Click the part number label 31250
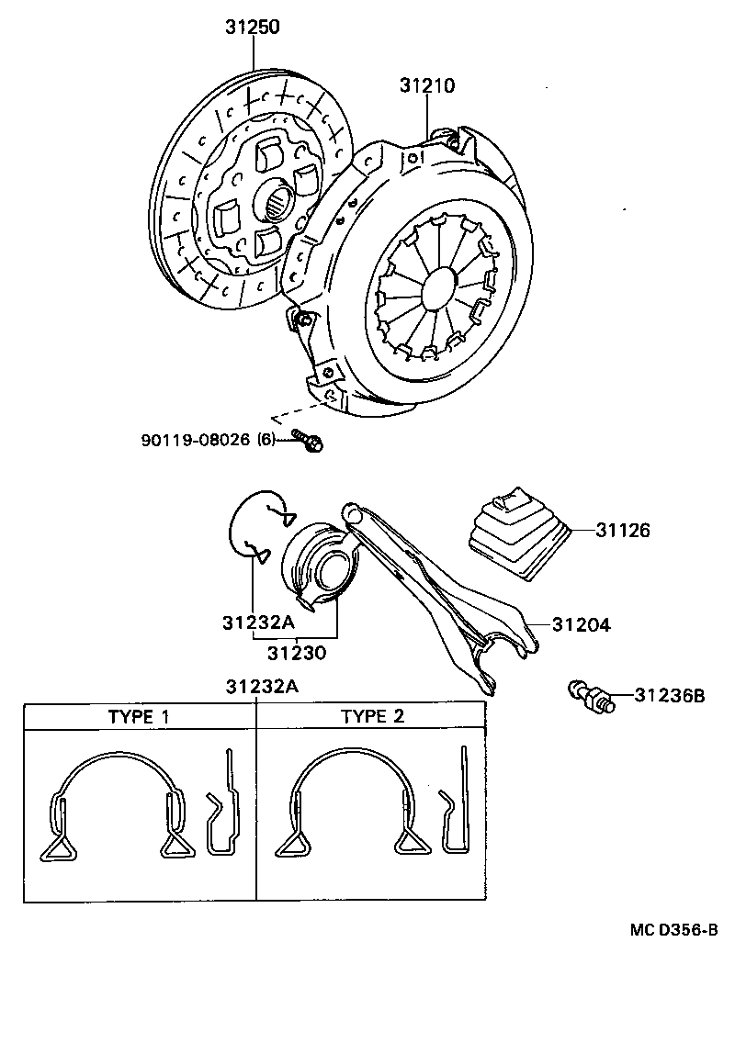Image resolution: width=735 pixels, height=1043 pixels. pyautogui.click(x=253, y=28)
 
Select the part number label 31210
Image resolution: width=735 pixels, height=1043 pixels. pyautogui.click(x=427, y=85)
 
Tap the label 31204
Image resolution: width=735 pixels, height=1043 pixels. pyautogui.click(x=582, y=625)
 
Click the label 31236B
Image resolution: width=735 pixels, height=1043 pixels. pyautogui.click(x=669, y=696)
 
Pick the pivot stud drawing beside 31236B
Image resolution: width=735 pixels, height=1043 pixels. pyautogui.click(x=591, y=695)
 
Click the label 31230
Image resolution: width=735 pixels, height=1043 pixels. pyautogui.click(x=297, y=653)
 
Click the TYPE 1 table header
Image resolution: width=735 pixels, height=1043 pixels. pyautogui.click(x=139, y=716)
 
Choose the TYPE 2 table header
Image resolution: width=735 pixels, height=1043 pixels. pyautogui.click(x=372, y=716)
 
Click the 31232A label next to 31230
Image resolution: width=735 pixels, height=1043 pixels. pyautogui.click(x=258, y=623)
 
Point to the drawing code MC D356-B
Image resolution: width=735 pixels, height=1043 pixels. pyautogui.click(x=673, y=930)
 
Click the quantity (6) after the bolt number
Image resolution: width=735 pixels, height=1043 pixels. pyautogui.click(x=266, y=440)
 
